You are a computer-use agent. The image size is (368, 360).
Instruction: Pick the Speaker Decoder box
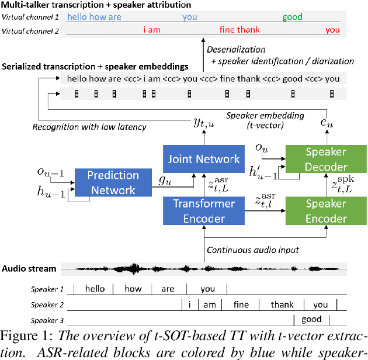coord(326,158)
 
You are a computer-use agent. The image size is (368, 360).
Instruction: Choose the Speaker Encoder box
coord(326,211)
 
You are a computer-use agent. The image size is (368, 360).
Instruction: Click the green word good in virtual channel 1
coord(292,17)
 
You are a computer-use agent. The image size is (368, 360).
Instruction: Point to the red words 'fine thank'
coord(239,30)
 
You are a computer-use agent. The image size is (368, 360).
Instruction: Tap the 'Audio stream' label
coord(29,269)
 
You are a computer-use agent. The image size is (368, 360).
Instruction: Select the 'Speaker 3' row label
coord(47,320)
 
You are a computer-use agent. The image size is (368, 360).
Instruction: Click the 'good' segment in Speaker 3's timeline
coord(311,319)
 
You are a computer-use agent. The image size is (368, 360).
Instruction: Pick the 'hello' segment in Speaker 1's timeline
coord(95,289)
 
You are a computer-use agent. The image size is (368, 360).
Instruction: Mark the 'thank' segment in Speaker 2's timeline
coord(282,304)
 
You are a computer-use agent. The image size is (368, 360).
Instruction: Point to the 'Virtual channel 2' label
coord(30,30)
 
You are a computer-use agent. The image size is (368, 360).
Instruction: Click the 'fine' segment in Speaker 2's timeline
coord(241,304)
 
